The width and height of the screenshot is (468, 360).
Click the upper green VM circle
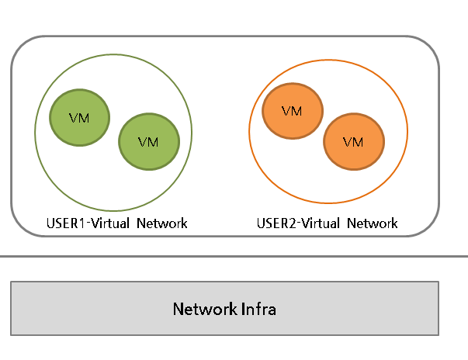click(79, 118)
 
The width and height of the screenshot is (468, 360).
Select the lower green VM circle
click(148, 142)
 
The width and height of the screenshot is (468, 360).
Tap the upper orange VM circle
click(292, 111)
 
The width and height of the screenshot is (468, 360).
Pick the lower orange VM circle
click(353, 142)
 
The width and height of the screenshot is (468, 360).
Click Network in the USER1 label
click(162, 223)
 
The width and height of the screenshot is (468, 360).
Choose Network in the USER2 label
click(373, 223)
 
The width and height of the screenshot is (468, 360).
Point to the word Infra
click(259, 309)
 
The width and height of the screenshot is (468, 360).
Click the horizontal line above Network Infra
click(233, 256)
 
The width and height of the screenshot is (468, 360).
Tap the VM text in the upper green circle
click(79, 118)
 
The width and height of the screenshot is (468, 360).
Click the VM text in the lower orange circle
click(353, 142)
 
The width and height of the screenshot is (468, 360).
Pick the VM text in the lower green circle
click(148, 142)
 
